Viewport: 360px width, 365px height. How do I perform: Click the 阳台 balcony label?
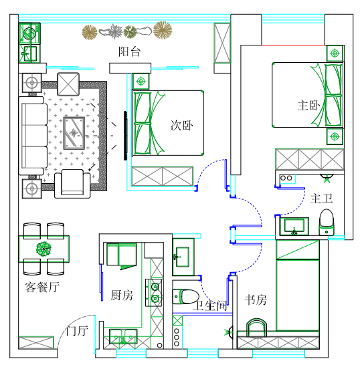pyautogui.click(x=129, y=52)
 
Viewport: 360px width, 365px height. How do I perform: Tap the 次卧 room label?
pyautogui.click(x=181, y=125)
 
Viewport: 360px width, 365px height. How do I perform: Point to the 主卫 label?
pyautogui.click(x=322, y=199)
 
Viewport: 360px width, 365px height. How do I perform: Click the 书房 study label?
pyautogui.click(x=256, y=300)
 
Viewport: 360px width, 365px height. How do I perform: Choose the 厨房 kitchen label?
pyautogui.click(x=122, y=295)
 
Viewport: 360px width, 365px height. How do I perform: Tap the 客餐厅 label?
pyautogui.click(x=42, y=287)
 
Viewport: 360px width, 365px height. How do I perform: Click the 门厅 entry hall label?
pyautogui.click(x=77, y=331)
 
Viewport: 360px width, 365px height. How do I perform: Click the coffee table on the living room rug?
pyautogui.click(x=73, y=131)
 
